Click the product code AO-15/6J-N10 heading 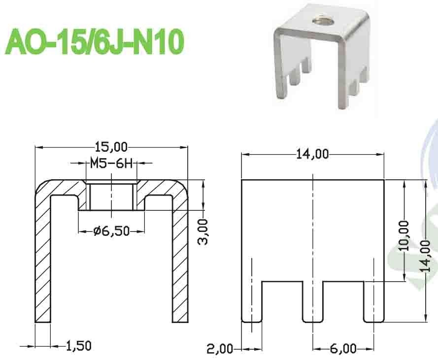(x=94, y=40)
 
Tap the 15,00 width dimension (x=112, y=147)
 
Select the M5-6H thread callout (x=111, y=163)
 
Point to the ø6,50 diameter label (x=111, y=230)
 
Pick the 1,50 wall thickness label (x=78, y=346)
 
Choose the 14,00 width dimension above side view (x=312, y=154)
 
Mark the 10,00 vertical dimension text (x=405, y=235)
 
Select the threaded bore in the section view (x=111, y=196)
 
